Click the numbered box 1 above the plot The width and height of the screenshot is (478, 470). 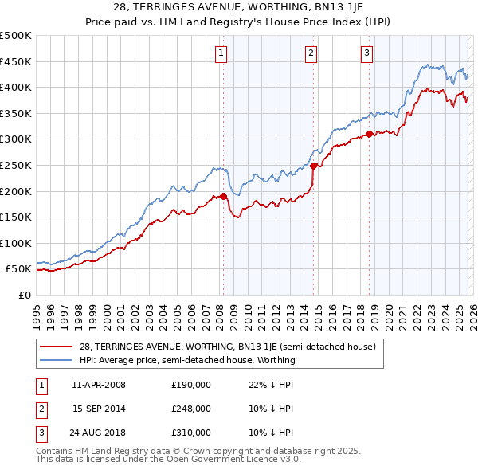220,53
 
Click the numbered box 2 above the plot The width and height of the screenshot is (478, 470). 310,53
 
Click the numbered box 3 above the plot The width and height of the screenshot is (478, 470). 366,53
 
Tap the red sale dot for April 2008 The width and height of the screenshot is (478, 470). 223,196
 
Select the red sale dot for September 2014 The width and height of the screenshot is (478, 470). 314,166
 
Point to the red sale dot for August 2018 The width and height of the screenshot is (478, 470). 370,134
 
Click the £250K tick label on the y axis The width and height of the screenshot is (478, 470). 16,165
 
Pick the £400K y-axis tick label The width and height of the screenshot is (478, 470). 16,87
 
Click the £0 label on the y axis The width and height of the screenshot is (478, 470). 25,295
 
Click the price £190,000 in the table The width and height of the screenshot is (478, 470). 190,385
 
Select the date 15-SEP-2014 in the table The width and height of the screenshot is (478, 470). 99,409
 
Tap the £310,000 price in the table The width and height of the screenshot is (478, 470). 190,433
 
